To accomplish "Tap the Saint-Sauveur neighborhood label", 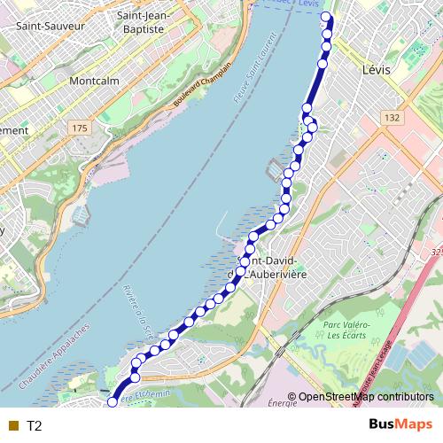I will pyautogui.click(x=51, y=27).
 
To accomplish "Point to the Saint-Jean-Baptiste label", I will pyautogui.click(x=141, y=22).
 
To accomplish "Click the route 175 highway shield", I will pyautogui.click(x=81, y=128).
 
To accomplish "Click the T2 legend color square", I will pyautogui.click(x=12, y=426).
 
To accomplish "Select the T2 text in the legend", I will pyautogui.click(x=35, y=426).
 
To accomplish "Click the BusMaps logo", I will pyautogui.click(x=395, y=425).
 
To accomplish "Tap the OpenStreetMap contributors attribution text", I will pyautogui.click(x=366, y=397).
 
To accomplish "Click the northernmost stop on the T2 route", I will pyautogui.click(x=326, y=18).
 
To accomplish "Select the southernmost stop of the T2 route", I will pyautogui.click(x=113, y=401).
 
